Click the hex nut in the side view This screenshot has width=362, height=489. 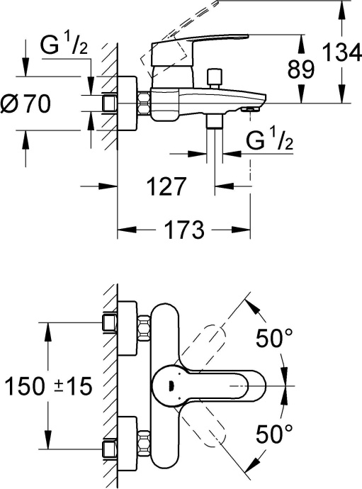[x=145, y=103]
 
